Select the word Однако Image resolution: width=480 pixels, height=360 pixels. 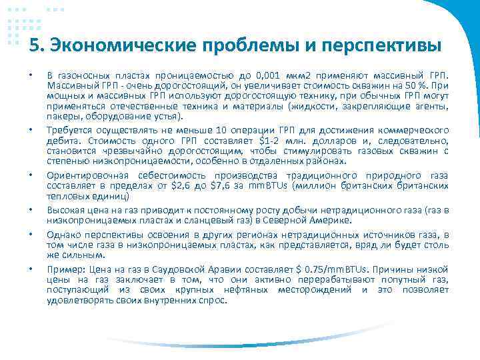coord(62,235)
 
